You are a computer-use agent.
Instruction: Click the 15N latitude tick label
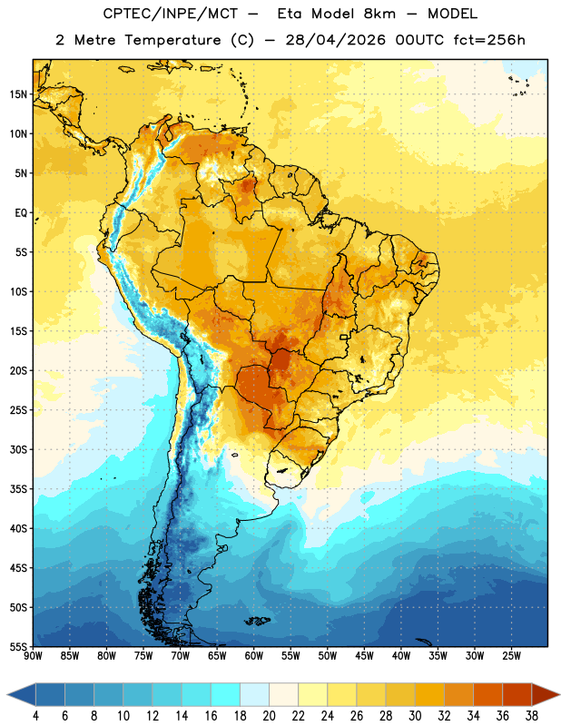[18, 94]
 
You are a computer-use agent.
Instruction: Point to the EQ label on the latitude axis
[21, 213]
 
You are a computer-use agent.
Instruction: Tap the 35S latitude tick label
[18, 489]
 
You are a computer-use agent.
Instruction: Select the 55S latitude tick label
[18, 646]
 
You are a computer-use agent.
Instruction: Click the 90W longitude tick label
[33, 656]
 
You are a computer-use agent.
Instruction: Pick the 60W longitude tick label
[254, 656]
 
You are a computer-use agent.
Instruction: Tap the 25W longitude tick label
[511, 656]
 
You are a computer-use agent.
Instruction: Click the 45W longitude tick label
[364, 656]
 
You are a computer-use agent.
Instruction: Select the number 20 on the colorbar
[269, 716]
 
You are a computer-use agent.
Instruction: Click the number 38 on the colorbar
[532, 716]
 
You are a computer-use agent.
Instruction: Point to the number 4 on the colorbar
[35, 716]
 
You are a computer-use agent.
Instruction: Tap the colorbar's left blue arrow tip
[7, 695]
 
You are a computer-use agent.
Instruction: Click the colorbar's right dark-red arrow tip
[559, 695]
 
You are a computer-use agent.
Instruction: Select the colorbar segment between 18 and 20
[254, 695]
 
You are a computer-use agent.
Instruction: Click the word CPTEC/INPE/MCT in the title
[171, 14]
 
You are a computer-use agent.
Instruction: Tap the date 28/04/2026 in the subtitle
[335, 40]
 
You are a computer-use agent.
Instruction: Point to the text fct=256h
[489, 40]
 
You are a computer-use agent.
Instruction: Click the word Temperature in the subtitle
[172, 41]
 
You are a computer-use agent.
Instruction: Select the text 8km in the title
[379, 14]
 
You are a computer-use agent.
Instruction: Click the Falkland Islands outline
[257, 621]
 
